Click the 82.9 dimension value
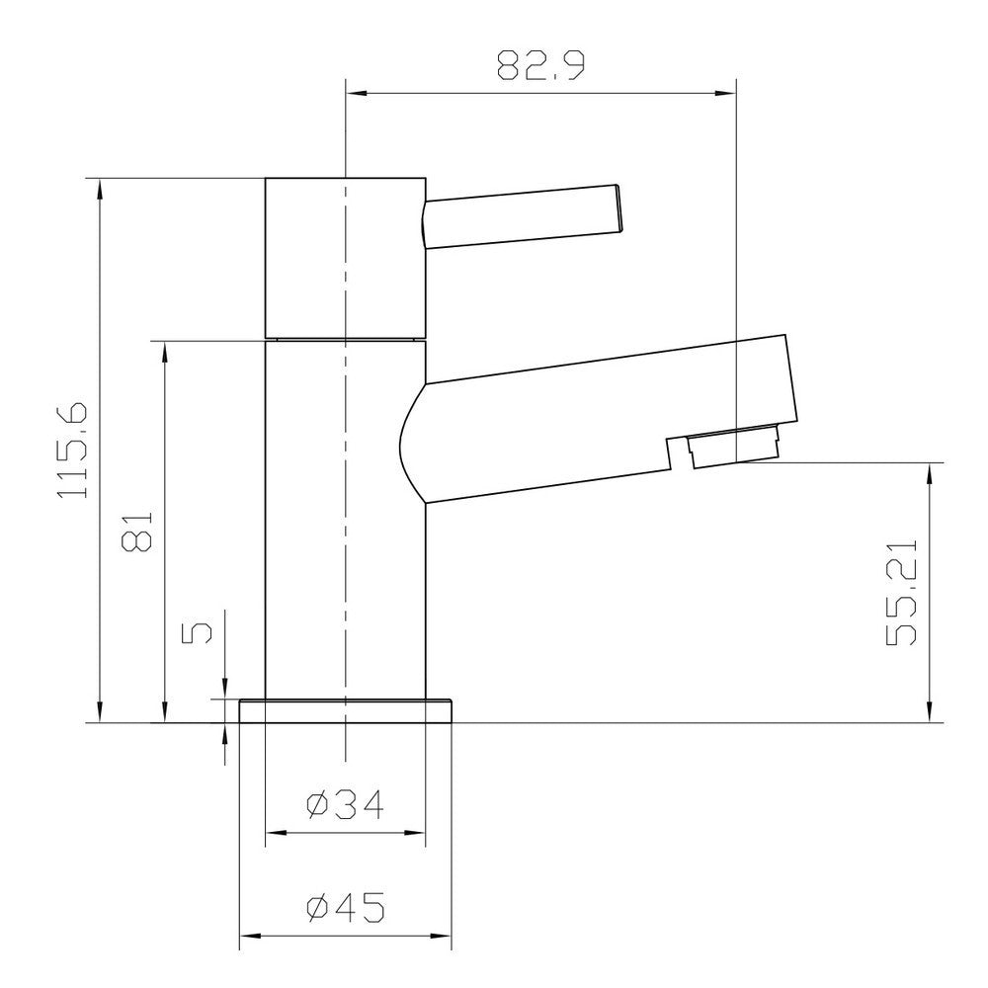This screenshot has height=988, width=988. tap(540, 68)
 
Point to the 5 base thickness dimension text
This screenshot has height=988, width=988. tap(197, 632)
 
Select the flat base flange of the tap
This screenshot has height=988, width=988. tap(346, 710)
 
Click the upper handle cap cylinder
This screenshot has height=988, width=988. tap(346, 257)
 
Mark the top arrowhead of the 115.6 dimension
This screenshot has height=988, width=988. tap(99, 186)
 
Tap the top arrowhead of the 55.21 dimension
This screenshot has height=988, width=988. tap(929, 470)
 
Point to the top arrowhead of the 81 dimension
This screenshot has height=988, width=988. tap(163, 349)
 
